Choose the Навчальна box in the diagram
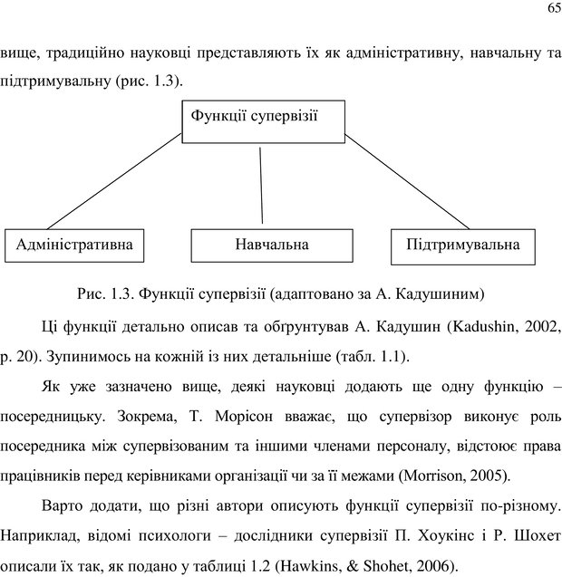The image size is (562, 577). [x=272, y=245]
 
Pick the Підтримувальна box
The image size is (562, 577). [x=463, y=245]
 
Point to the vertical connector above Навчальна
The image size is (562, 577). [x=261, y=185]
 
